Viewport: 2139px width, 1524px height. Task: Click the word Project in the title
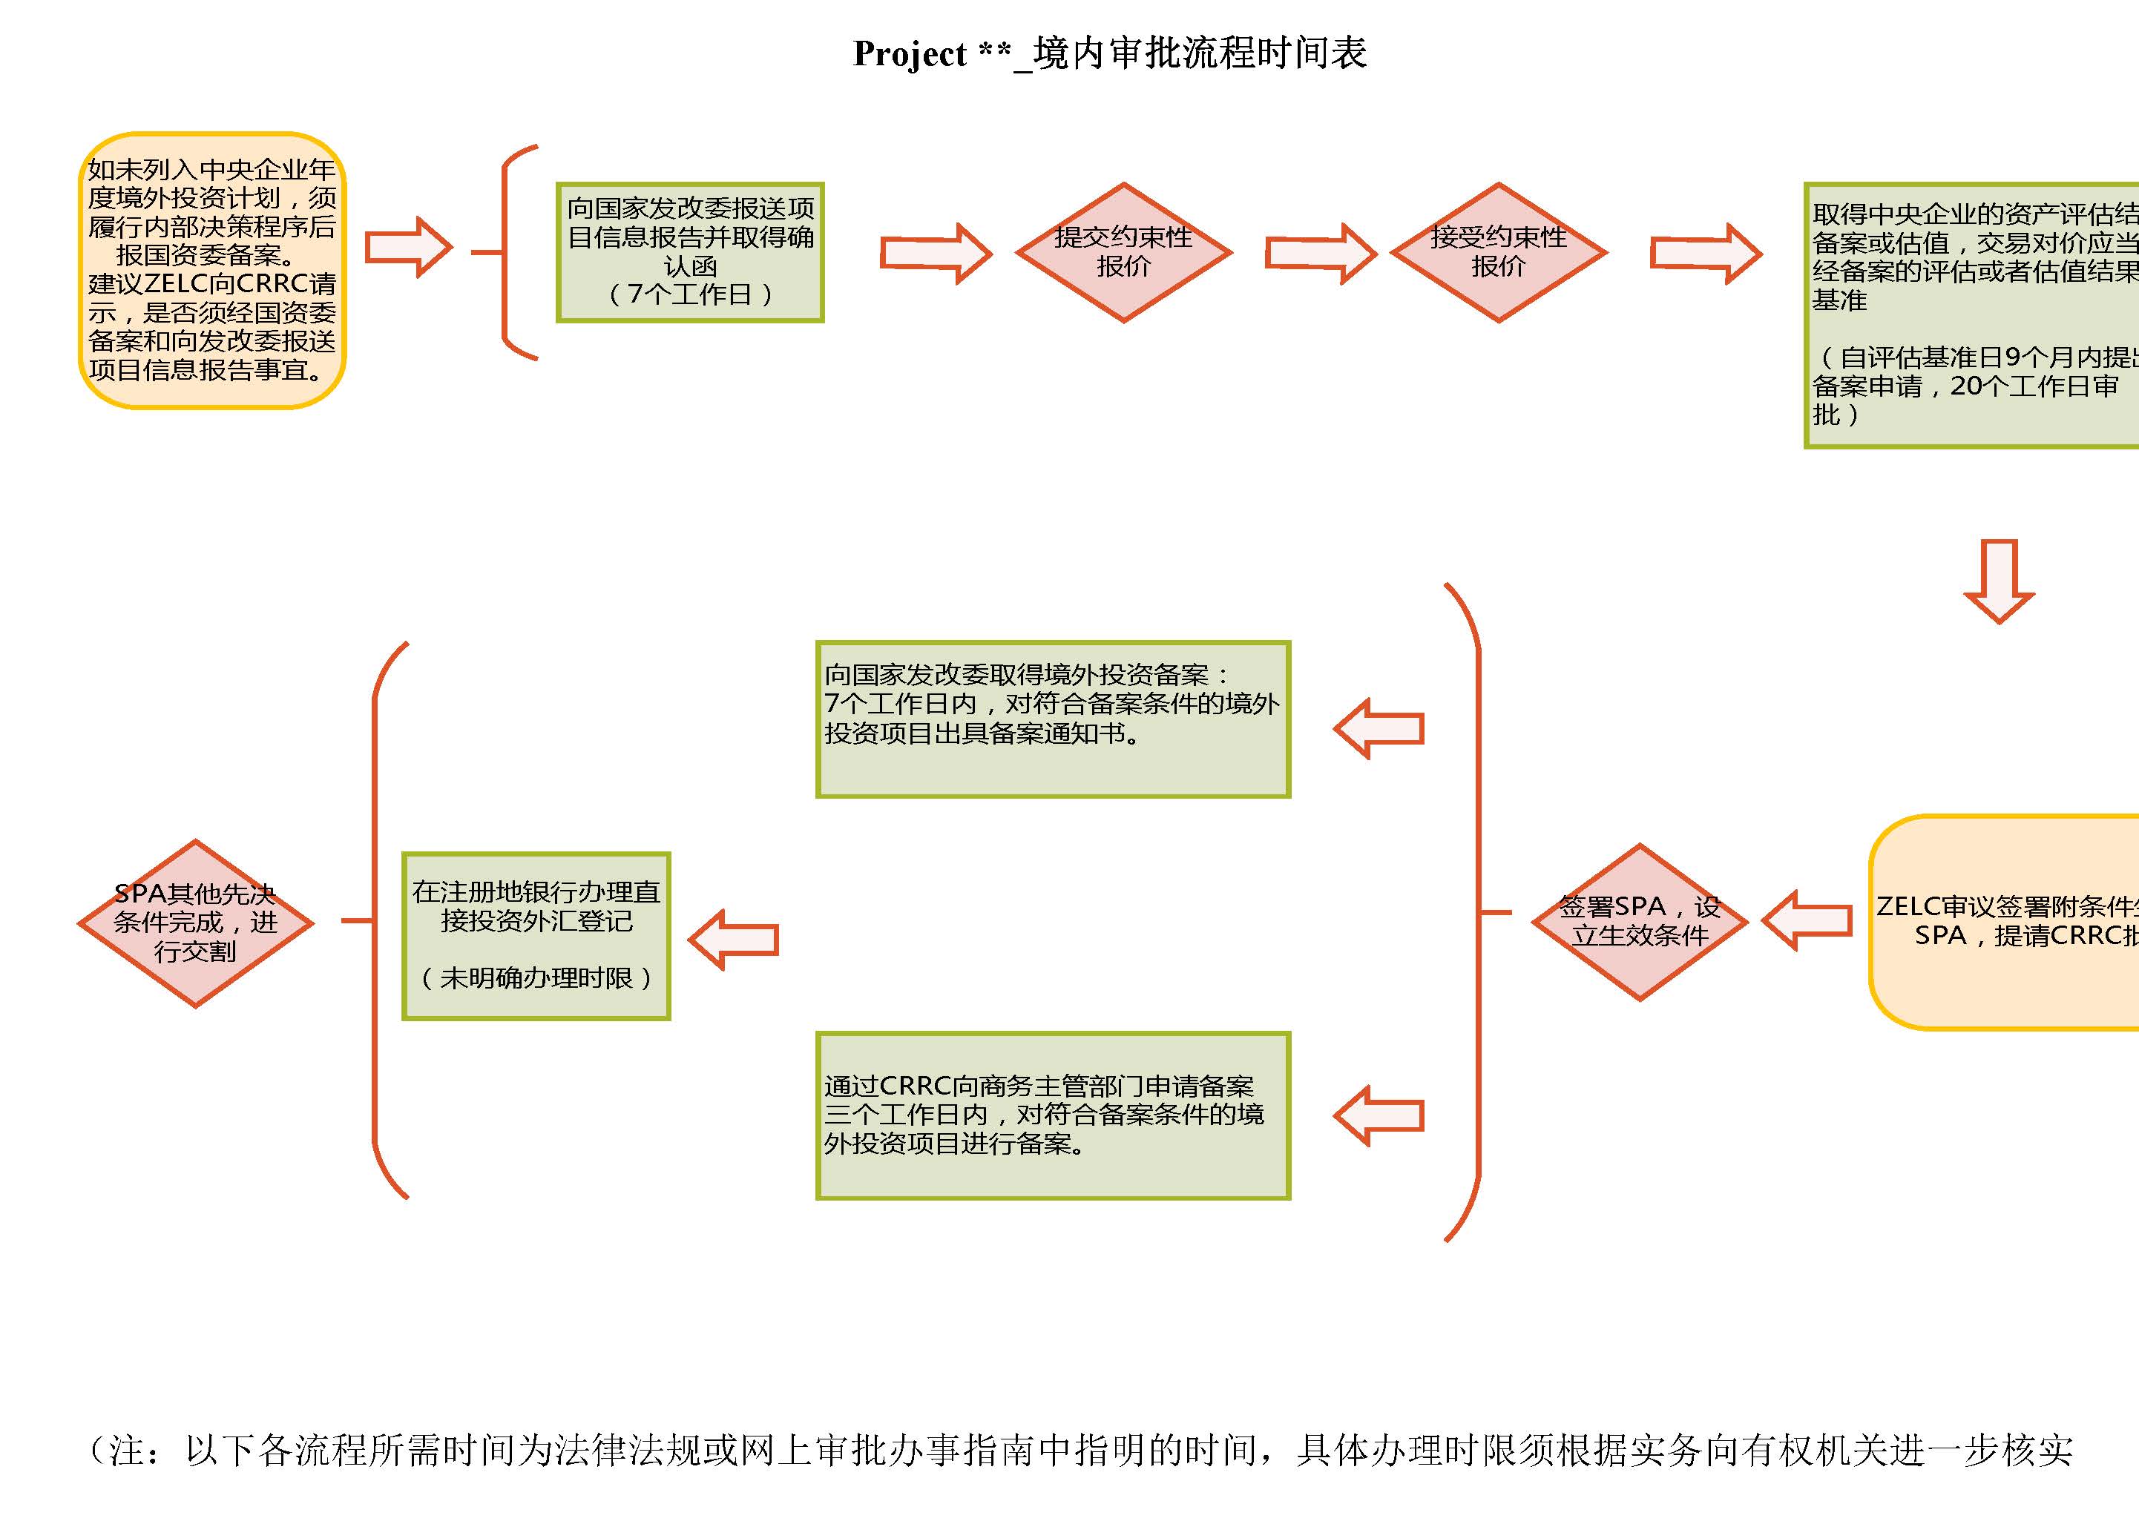pyautogui.click(x=909, y=54)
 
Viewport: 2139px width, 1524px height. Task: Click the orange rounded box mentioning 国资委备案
pyautogui.click(x=212, y=270)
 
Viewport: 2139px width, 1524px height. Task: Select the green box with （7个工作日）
pyautogui.click(x=690, y=252)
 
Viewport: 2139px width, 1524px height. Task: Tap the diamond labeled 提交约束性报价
pyautogui.click(x=1123, y=252)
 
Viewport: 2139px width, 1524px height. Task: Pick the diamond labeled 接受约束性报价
pyautogui.click(x=1498, y=252)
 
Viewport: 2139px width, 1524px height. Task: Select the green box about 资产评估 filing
pyautogui.click(x=1971, y=315)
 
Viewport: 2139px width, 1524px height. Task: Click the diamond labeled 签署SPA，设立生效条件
pyautogui.click(x=1640, y=922)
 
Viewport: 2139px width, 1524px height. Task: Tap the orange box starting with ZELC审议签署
pyautogui.click(x=2005, y=922)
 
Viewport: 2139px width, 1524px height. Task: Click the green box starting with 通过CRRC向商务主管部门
pyautogui.click(x=1053, y=1115)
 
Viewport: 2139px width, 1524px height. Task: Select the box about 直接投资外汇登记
pyautogui.click(x=536, y=936)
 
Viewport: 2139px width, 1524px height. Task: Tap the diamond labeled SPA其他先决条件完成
pyautogui.click(x=195, y=923)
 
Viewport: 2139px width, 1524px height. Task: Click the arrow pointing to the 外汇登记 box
pyautogui.click(x=734, y=940)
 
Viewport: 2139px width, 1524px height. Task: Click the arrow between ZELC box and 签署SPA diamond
pyautogui.click(x=1807, y=920)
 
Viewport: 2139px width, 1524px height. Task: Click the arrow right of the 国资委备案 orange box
pyautogui.click(x=408, y=247)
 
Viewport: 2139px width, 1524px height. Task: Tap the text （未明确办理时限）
pyautogui.click(x=536, y=978)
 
